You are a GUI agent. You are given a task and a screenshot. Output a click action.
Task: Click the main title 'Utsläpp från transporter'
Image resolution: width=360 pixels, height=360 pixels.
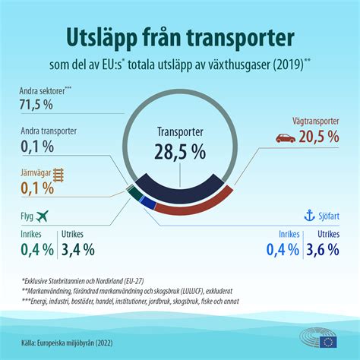tap(180, 37)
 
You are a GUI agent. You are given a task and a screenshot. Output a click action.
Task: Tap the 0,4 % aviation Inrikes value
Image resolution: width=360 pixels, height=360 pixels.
tap(37, 248)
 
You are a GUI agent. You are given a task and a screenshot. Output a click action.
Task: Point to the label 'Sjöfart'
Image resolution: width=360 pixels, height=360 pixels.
tap(317, 217)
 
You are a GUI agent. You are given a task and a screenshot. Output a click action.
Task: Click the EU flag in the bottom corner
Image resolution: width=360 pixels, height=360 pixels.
tap(329, 341)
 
